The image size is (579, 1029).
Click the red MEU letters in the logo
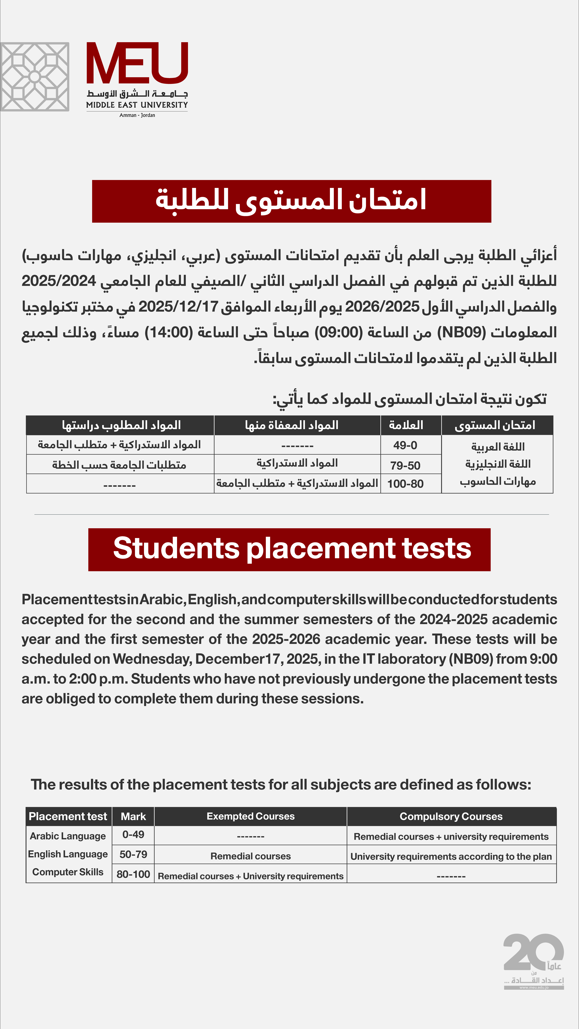[x=137, y=63]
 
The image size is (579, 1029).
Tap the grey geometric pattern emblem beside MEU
[x=35, y=77]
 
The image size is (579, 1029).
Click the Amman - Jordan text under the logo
[x=137, y=115]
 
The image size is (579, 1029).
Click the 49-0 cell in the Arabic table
[x=405, y=445]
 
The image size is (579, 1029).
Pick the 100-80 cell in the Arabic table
[x=405, y=484]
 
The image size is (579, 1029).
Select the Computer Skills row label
[x=68, y=872]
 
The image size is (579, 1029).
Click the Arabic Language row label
[x=68, y=836]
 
